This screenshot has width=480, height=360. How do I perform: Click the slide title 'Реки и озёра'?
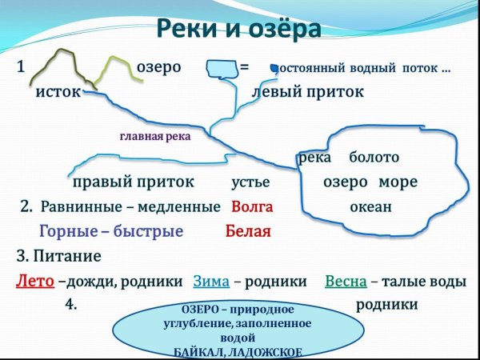click(239, 30)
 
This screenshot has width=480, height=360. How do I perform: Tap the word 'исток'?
click(58, 92)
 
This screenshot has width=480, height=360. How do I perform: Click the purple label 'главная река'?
click(155, 136)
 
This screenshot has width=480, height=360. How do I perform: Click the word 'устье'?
click(250, 182)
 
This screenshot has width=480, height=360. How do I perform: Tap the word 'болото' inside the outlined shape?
click(374, 158)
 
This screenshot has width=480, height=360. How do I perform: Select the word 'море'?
click(398, 182)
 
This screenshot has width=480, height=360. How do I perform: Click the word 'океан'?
click(370, 206)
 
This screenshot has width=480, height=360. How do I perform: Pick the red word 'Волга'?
click(252, 206)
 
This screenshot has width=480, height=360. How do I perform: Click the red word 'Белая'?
click(248, 232)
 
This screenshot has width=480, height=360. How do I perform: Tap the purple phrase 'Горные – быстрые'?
click(111, 232)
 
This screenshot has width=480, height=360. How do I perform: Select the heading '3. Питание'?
click(58, 257)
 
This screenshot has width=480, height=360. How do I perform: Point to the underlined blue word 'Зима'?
click(211, 282)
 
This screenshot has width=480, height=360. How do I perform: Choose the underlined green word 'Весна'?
click(346, 282)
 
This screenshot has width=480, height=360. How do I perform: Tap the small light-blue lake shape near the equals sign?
click(218, 69)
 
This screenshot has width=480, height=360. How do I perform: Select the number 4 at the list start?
click(70, 306)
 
